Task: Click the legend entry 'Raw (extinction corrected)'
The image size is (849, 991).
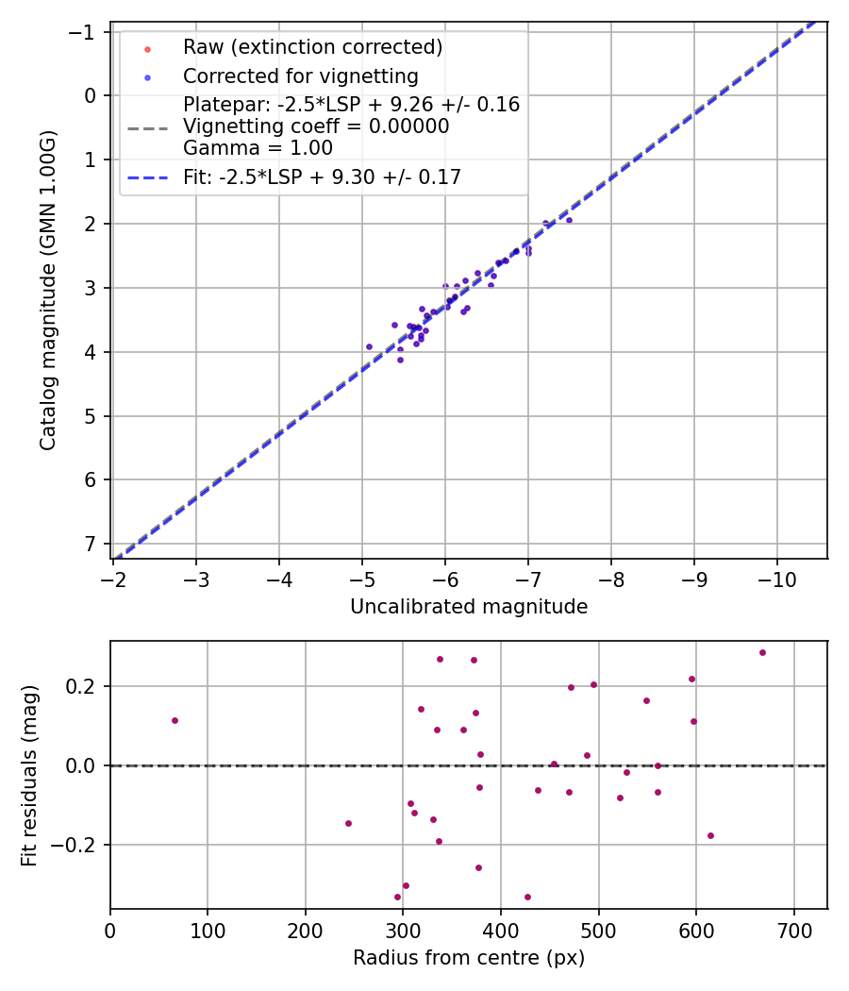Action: pyautogui.click(x=312, y=47)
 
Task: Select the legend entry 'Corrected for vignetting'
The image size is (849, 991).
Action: pyautogui.click(x=300, y=76)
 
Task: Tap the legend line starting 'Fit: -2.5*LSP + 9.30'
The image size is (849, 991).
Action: pyautogui.click(x=322, y=176)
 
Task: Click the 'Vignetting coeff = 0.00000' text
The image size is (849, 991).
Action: pyautogui.click(x=316, y=126)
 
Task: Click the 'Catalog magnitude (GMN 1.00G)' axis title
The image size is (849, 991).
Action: pyautogui.click(x=48, y=291)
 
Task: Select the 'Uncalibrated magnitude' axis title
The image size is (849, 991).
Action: pyautogui.click(x=469, y=607)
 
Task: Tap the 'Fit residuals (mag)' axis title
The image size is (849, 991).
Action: pyautogui.click(x=29, y=775)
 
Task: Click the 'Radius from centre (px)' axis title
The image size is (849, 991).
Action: pyautogui.click(x=469, y=958)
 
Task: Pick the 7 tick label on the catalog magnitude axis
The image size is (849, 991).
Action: pyautogui.click(x=90, y=544)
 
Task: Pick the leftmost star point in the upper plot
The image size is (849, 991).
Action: pyautogui.click(x=369, y=346)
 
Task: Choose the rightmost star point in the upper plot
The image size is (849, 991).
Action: pyautogui.click(x=569, y=220)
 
